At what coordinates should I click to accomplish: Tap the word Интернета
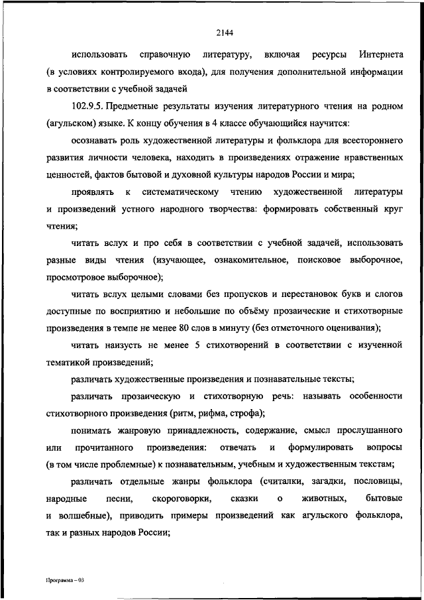[376, 54]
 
